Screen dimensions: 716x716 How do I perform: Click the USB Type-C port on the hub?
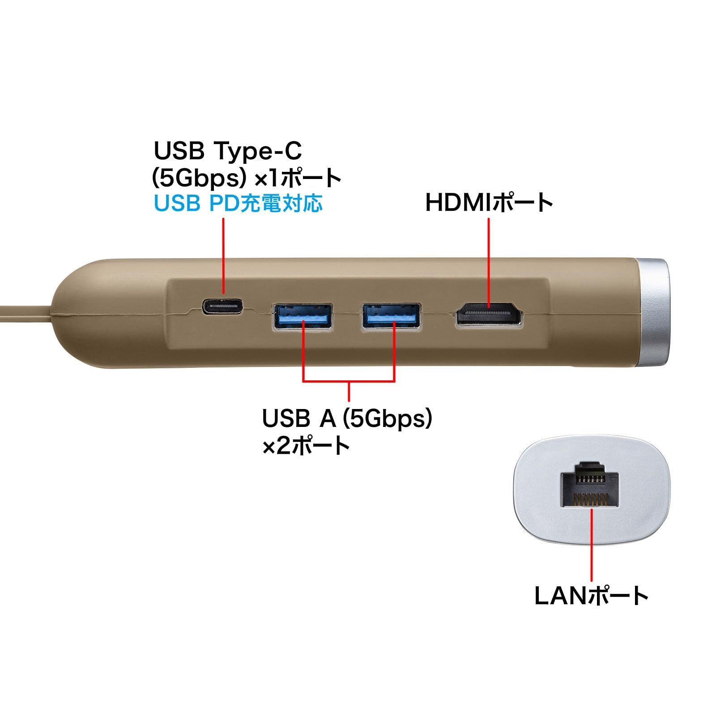(223, 307)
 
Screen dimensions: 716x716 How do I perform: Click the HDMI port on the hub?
(489, 315)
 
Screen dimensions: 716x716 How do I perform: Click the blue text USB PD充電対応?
(238, 203)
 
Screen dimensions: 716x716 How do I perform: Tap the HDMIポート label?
(489, 202)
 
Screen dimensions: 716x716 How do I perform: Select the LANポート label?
(592, 596)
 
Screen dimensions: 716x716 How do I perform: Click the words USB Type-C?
(228, 151)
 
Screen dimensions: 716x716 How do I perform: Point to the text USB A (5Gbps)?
(347, 418)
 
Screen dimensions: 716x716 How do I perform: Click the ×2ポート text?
(306, 446)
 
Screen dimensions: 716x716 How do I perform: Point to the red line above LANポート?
(592, 544)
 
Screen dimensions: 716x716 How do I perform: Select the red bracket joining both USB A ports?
(349, 381)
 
